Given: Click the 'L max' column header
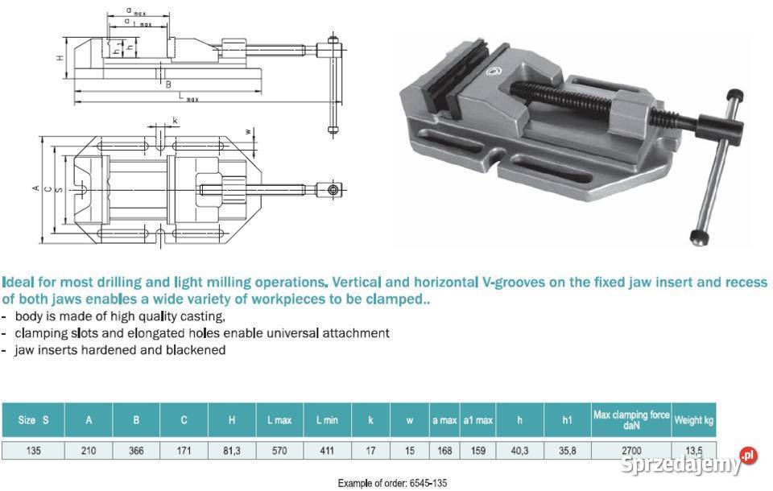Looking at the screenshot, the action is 279,420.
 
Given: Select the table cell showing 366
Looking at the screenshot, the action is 136,451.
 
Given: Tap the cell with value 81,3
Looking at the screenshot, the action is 232,451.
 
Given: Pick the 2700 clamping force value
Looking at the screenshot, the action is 631,451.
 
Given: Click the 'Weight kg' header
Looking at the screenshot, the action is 693,420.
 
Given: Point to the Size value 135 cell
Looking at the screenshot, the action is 33,451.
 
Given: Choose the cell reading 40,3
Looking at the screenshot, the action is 519,451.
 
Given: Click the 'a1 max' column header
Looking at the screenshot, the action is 477,420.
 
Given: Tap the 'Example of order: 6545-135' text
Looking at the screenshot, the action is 392,483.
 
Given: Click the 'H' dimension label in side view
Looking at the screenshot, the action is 60,58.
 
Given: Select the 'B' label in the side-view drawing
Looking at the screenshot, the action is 168,85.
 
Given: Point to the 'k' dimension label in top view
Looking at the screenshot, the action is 175,120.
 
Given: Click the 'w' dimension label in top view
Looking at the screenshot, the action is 248,132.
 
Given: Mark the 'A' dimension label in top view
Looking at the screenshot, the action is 35,188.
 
